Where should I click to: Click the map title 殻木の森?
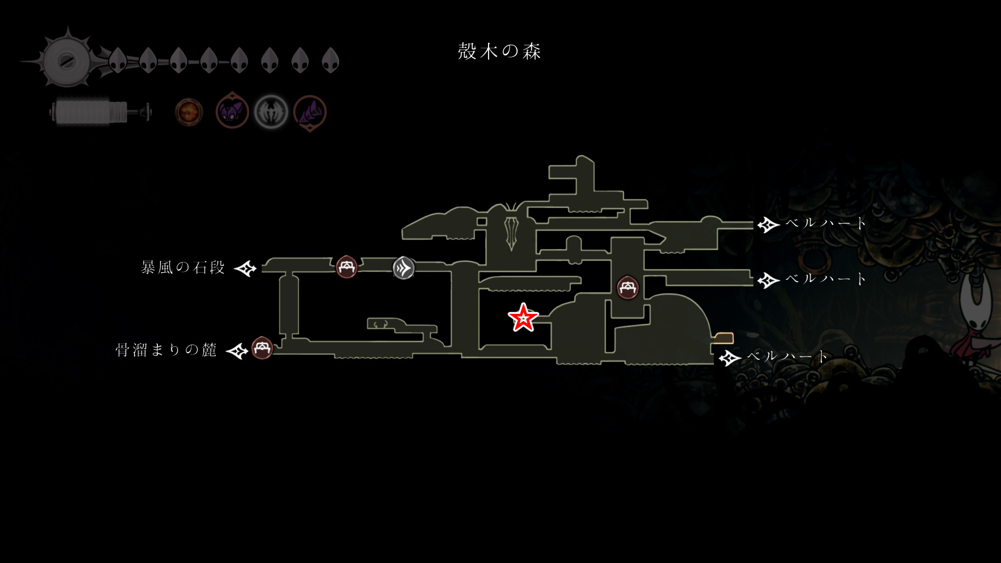tap(499, 51)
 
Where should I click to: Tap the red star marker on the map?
tap(523, 318)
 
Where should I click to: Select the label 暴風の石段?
tap(183, 267)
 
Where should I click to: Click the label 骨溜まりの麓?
tap(166, 349)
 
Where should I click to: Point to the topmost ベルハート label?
tap(826, 223)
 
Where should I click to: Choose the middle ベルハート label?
tap(826, 278)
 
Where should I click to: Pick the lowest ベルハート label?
tap(787, 357)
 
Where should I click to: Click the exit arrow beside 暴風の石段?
tap(246, 268)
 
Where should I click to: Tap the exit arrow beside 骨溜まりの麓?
tap(237, 351)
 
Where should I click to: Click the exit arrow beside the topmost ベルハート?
tap(768, 225)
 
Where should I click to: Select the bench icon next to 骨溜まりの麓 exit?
tap(262, 348)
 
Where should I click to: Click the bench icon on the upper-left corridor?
tap(347, 267)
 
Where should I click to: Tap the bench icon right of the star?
tap(628, 287)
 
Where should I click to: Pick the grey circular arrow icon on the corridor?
tap(404, 268)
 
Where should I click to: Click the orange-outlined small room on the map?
tap(724, 338)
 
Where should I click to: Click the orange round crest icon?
tap(189, 112)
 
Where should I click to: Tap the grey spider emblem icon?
tap(271, 112)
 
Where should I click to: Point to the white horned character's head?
tap(974, 313)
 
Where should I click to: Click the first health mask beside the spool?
tap(118, 60)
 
